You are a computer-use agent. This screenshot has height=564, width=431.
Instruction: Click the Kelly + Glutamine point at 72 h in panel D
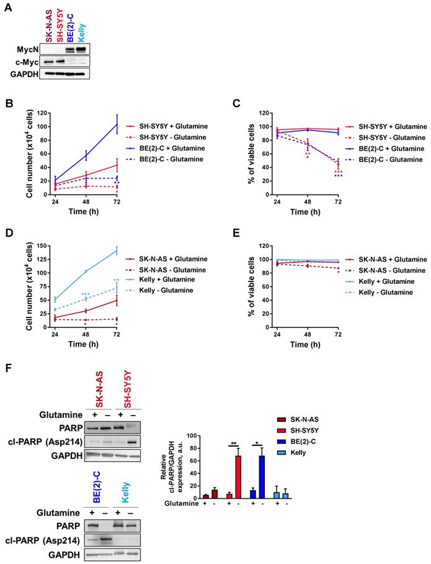[x=117, y=250]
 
